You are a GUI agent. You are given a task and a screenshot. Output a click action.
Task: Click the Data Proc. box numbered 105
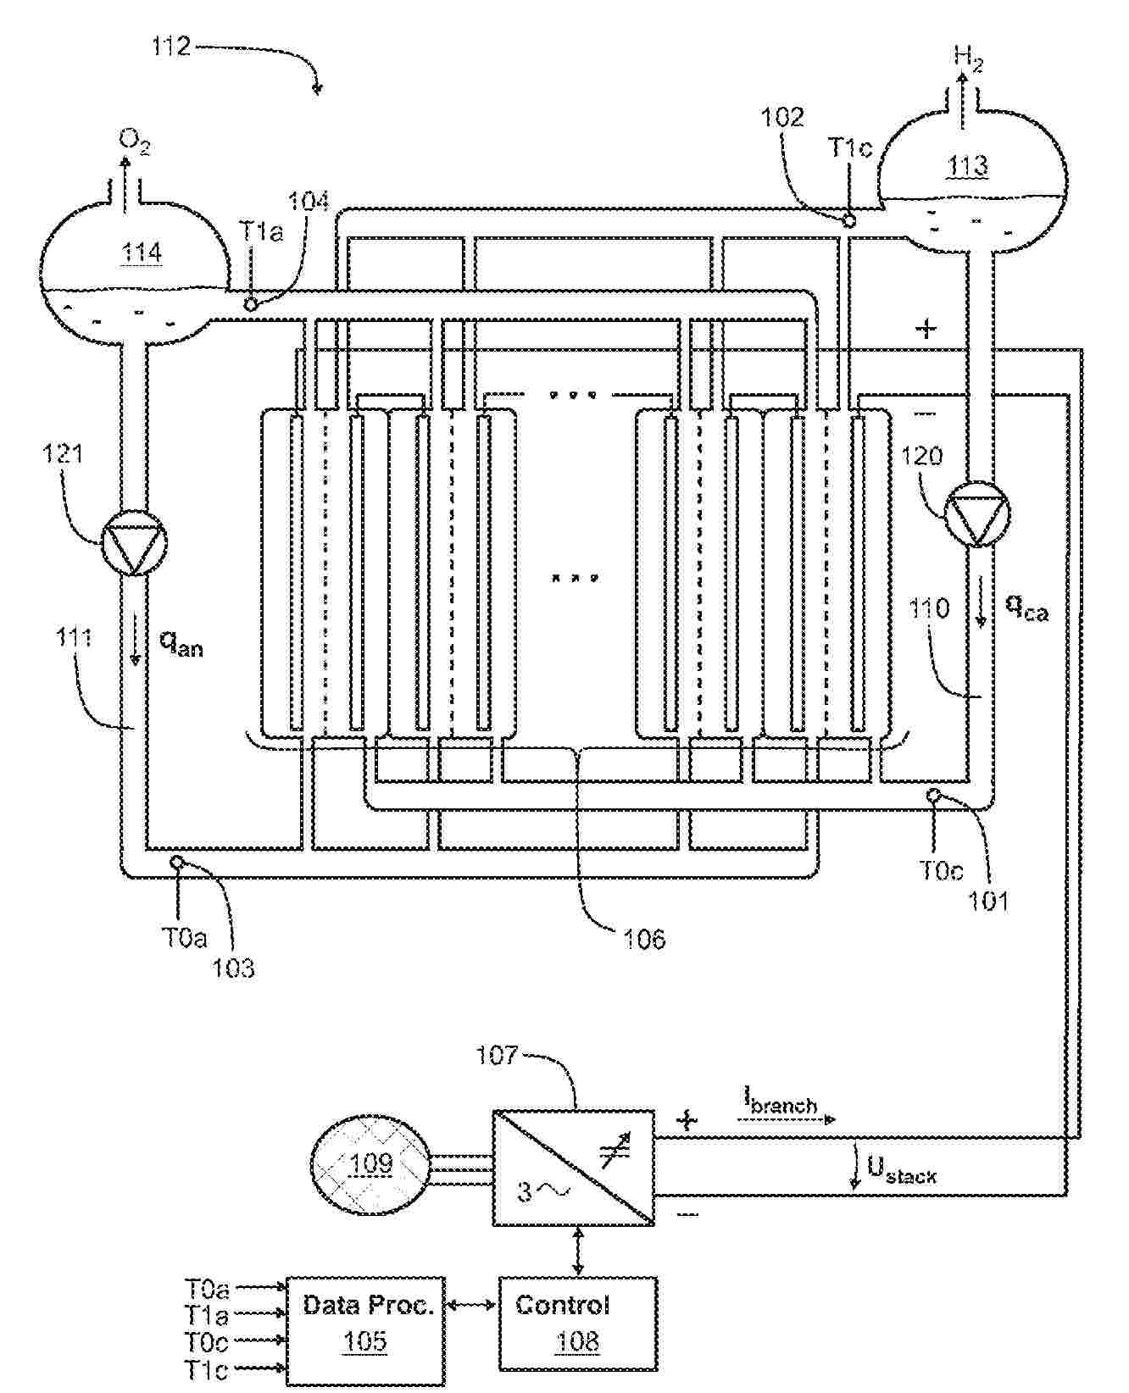point(366,1329)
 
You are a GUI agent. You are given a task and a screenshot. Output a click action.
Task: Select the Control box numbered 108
point(577,1324)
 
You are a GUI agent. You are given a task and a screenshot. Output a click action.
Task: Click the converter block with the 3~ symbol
point(573,1167)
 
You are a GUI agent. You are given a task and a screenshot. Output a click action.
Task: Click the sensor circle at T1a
point(251,304)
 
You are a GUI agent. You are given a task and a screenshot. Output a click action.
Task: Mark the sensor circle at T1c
point(849,220)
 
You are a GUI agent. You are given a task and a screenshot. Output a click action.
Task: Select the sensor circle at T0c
point(933,796)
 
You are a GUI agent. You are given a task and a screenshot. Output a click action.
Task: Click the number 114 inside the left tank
point(141,253)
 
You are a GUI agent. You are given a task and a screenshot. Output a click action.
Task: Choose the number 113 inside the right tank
point(967,164)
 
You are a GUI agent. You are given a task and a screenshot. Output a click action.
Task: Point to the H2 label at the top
point(968,58)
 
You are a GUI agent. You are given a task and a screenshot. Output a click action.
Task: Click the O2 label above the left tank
point(134,142)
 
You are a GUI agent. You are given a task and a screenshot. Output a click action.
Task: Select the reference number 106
point(643,938)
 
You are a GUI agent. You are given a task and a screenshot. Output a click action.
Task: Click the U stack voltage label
point(901,1170)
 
